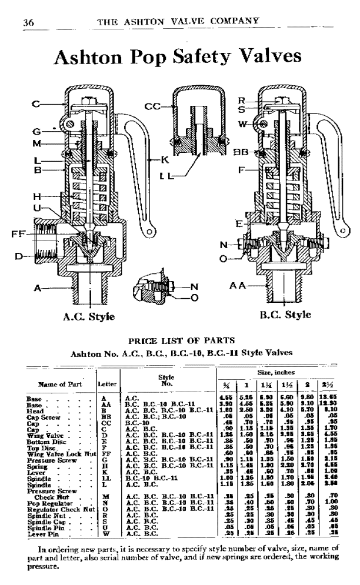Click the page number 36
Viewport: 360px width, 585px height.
tap(28, 23)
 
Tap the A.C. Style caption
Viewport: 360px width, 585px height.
tap(89, 317)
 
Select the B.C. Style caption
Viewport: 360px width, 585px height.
tap(285, 315)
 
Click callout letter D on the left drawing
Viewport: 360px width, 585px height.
tap(19, 256)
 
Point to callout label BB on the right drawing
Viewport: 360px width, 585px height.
tap(238, 152)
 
